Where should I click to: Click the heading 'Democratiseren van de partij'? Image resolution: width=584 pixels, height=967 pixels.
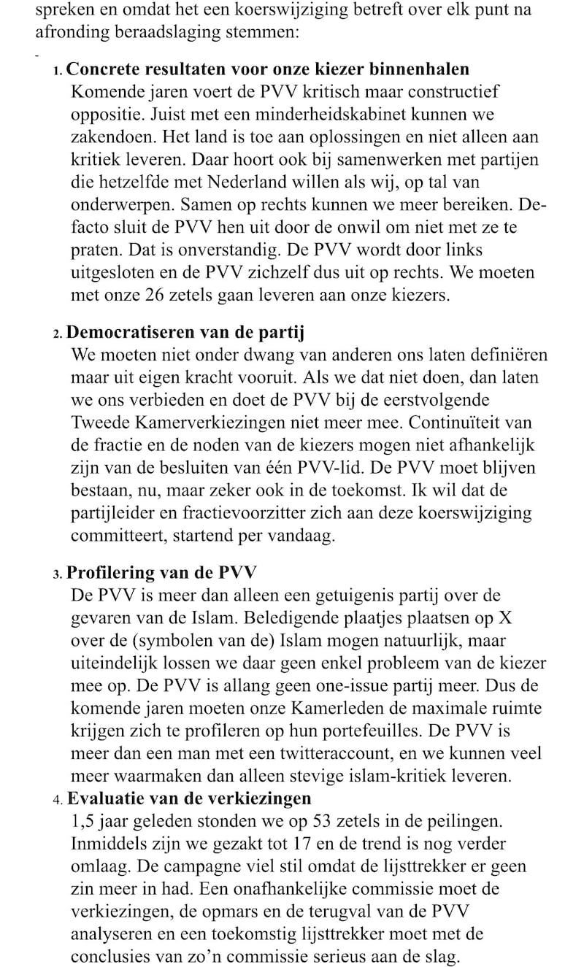[185, 332]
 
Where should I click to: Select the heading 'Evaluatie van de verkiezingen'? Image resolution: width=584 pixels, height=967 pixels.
[190, 798]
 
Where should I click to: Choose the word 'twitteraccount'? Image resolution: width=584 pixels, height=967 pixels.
[335, 752]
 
